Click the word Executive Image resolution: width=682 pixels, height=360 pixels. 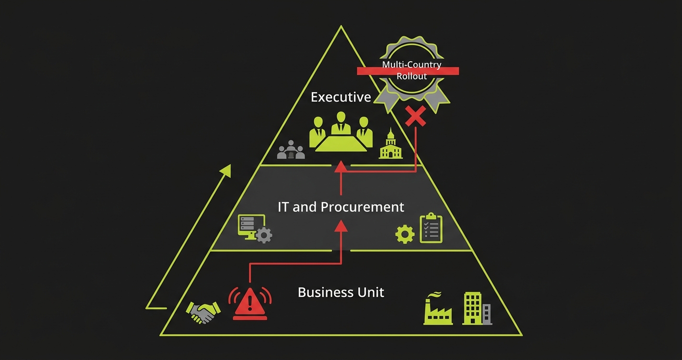point(341,97)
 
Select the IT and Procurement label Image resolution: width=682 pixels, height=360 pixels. point(341,207)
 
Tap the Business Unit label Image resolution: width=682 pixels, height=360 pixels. point(341,292)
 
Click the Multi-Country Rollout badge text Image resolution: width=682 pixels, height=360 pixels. point(411,70)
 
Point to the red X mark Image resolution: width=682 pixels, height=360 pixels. point(415,116)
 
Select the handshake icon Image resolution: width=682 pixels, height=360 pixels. point(203,312)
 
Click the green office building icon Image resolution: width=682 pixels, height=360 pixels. point(473,309)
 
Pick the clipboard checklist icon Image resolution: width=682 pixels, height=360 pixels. point(431,228)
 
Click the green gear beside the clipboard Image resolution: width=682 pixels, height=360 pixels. point(405,234)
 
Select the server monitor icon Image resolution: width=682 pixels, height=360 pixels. point(248,226)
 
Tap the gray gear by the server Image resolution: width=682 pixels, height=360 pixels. point(264,235)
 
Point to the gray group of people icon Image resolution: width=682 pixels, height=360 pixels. point(291,150)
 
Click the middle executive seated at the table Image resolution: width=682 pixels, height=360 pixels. point(341,123)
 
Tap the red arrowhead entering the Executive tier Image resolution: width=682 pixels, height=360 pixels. point(341,166)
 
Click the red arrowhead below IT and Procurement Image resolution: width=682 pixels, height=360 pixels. point(341,225)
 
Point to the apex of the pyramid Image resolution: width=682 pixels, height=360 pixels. point(341,26)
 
